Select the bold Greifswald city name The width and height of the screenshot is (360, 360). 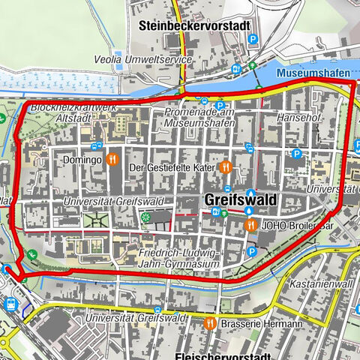click(x=239, y=200)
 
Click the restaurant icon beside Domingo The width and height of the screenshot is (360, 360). click(x=112, y=159)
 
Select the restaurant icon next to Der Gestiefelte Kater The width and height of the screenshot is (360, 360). click(x=224, y=167)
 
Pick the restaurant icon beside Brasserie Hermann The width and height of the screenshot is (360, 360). click(x=211, y=323)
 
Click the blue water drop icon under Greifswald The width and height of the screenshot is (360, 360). click(x=249, y=212)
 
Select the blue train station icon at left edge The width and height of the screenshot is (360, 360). click(x=11, y=304)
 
